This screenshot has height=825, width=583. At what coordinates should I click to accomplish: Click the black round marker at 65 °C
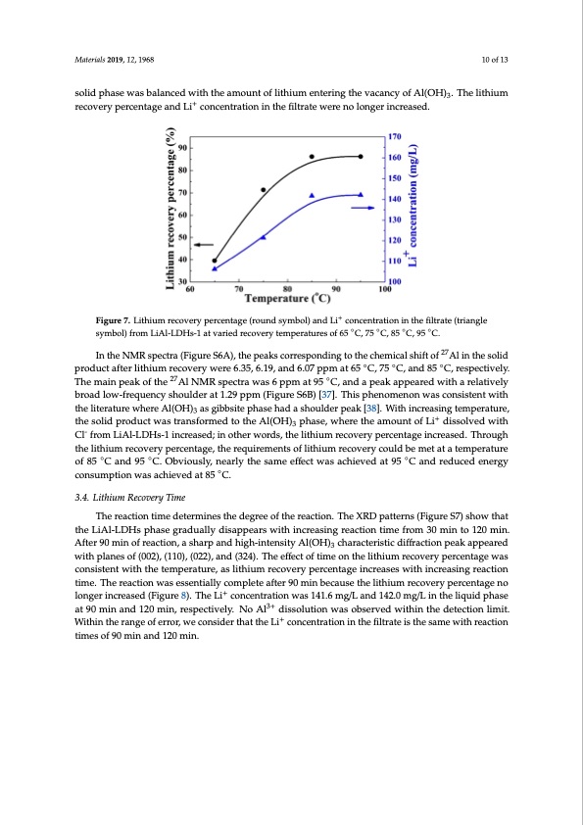(216, 261)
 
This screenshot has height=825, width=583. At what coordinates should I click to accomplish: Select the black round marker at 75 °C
(263, 190)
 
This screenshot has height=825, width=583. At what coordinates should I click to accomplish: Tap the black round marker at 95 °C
(361, 156)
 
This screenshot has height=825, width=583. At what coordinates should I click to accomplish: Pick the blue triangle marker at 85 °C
(312, 195)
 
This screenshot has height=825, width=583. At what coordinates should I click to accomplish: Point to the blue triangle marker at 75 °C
(263, 237)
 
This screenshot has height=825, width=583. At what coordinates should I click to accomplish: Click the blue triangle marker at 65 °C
(216, 267)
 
